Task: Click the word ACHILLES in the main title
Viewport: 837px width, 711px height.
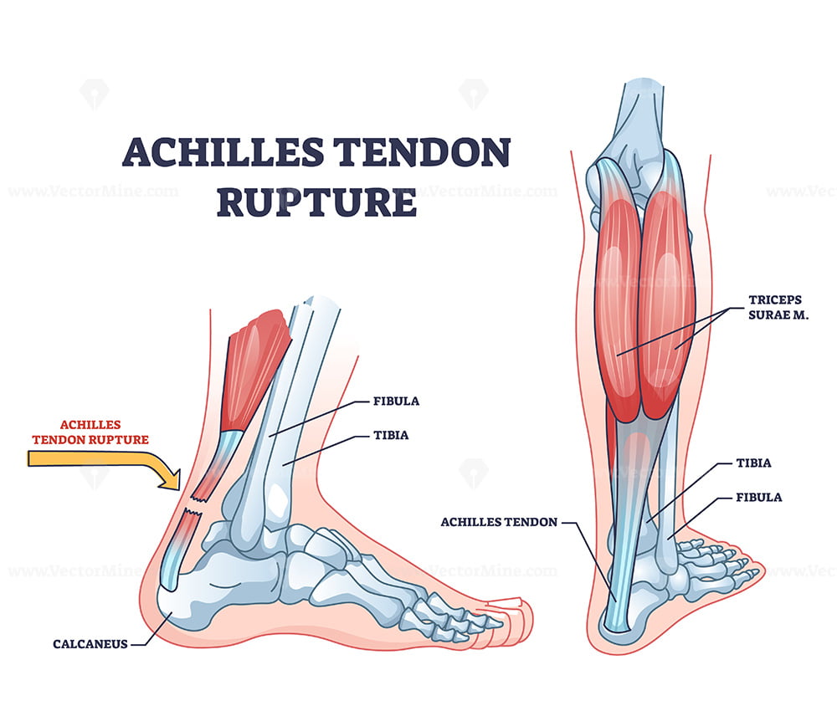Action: pyautogui.click(x=223, y=152)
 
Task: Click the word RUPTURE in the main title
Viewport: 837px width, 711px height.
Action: pyautogui.click(x=316, y=202)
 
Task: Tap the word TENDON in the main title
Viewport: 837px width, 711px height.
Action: pyautogui.click(x=422, y=152)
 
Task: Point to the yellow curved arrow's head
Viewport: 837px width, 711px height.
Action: pyautogui.click(x=171, y=478)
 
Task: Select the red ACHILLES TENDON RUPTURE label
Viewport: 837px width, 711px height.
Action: pyautogui.click(x=90, y=432)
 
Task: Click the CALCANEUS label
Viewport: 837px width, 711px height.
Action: pyautogui.click(x=90, y=644)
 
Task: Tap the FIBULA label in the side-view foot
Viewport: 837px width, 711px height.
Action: pyautogui.click(x=396, y=402)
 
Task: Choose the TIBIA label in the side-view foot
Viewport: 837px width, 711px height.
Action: pyautogui.click(x=391, y=435)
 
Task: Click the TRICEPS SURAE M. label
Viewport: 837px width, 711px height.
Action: pyautogui.click(x=778, y=307)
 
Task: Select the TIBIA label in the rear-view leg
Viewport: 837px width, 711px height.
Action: pyautogui.click(x=754, y=463)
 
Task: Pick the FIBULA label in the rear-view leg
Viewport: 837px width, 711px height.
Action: pyautogui.click(x=759, y=497)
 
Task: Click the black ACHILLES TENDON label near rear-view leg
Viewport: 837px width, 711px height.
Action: pyautogui.click(x=499, y=522)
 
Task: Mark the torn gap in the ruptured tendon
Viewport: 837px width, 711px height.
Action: pyautogui.click(x=194, y=505)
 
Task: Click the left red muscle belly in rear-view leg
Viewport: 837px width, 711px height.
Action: pyautogui.click(x=619, y=309)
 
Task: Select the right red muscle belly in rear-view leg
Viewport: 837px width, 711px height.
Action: pyautogui.click(x=666, y=304)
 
